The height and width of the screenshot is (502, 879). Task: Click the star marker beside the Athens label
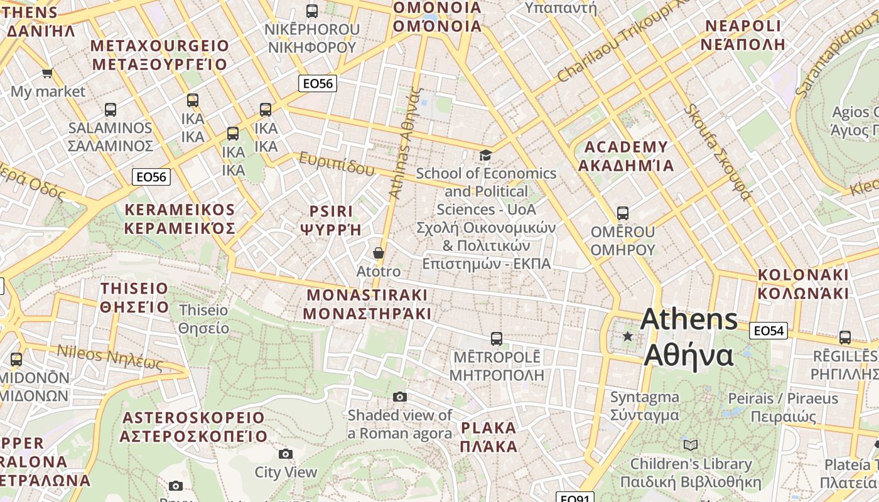tap(627, 336)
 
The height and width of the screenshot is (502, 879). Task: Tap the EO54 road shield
tap(768, 331)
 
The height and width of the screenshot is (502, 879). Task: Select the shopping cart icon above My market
tap(47, 73)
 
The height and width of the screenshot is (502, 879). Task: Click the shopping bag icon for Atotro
tap(378, 253)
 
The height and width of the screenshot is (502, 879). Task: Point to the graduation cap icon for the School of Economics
tap(485, 155)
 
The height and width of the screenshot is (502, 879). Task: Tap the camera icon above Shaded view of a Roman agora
tap(400, 397)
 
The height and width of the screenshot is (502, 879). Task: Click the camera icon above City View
tap(286, 454)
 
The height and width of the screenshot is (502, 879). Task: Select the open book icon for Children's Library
tap(691, 445)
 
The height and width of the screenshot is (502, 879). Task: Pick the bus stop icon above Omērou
tap(622, 213)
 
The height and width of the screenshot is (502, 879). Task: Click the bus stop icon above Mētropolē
tap(496, 339)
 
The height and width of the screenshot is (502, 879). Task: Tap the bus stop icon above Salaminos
tap(111, 110)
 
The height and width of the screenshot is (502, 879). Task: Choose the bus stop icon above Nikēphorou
tap(311, 11)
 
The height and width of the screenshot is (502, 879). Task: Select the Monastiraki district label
tap(367, 304)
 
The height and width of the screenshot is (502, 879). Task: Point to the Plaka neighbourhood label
tap(489, 437)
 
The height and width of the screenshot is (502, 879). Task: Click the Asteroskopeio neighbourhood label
tap(195, 427)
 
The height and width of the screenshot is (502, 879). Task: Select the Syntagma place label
tap(645, 406)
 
